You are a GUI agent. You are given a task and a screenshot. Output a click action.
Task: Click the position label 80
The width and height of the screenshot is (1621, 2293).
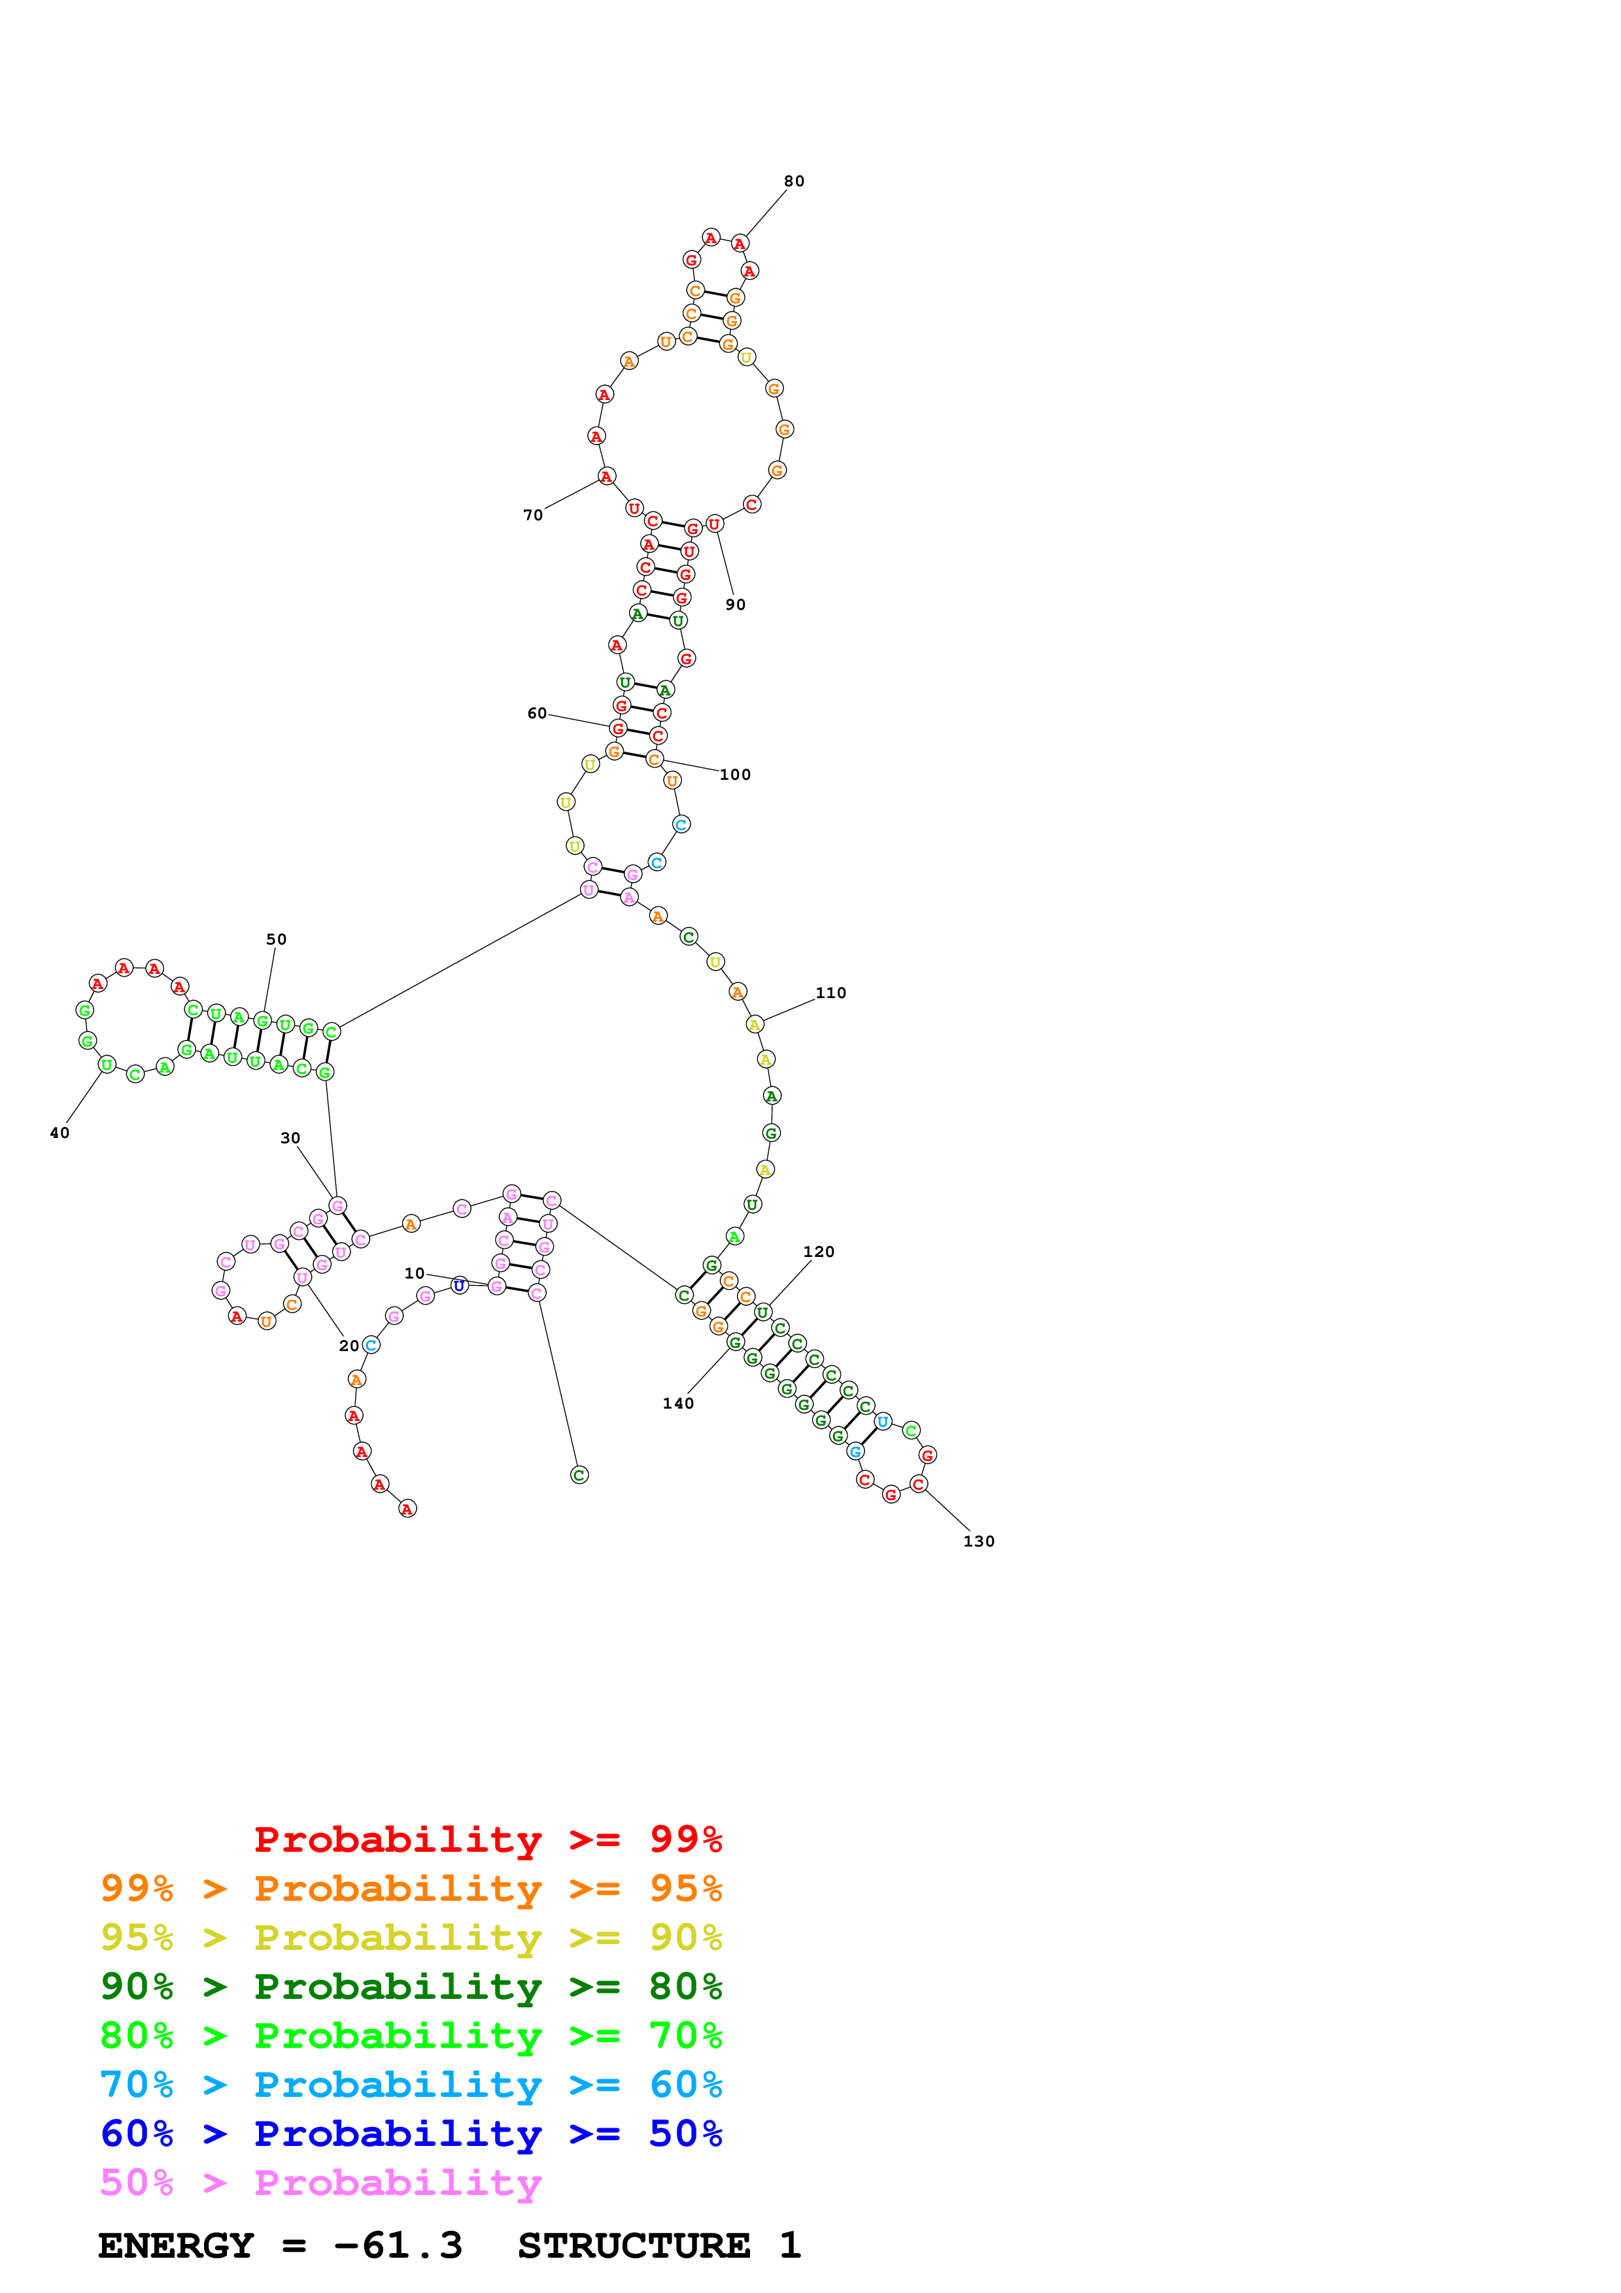pyautogui.click(x=794, y=181)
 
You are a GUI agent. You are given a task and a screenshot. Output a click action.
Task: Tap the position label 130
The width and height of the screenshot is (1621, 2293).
pyautogui.click(x=979, y=1541)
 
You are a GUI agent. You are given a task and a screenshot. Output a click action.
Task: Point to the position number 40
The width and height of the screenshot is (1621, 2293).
pyautogui.click(x=60, y=1133)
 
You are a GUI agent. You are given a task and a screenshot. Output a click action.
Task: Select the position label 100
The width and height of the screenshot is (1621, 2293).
pyautogui.click(x=735, y=774)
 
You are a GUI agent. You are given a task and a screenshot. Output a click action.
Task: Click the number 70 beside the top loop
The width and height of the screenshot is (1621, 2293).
pyautogui.click(x=534, y=514)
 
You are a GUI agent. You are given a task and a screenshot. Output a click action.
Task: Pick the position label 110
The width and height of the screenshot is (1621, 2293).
pyautogui.click(x=831, y=993)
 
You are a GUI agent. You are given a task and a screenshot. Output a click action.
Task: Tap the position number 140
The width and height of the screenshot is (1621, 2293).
pyautogui.click(x=678, y=1403)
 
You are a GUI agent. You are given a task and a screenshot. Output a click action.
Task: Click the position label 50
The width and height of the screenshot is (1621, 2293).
pyautogui.click(x=277, y=939)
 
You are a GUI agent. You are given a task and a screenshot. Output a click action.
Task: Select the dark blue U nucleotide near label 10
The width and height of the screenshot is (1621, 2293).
pyautogui.click(x=460, y=1285)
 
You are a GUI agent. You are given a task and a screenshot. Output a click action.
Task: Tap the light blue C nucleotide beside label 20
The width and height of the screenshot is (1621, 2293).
pyautogui.click(x=371, y=1345)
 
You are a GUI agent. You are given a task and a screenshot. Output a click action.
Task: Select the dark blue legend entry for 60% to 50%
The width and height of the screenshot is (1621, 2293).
pyautogui.click(x=411, y=2134)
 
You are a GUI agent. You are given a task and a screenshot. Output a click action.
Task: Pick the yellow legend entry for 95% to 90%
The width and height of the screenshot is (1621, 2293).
pyautogui.click(x=411, y=1937)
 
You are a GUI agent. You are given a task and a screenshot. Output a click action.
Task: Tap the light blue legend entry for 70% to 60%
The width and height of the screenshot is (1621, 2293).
pyautogui.click(x=411, y=2084)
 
